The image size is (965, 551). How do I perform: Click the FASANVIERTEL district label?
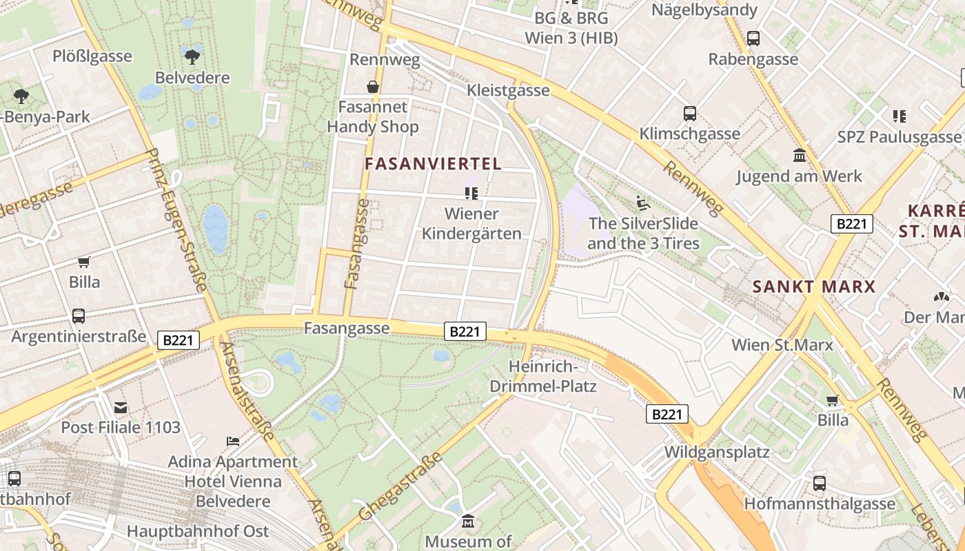[433, 164]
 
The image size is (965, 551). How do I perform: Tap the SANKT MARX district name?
[813, 287]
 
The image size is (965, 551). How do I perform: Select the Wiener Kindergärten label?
[471, 223]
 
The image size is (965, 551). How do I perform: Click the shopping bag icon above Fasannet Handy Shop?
[372, 87]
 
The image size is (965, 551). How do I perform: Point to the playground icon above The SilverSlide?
[642, 203]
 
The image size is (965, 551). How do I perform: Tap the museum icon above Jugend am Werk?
[800, 156]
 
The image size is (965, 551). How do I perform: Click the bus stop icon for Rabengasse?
[753, 39]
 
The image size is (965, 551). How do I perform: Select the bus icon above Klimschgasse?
[689, 114]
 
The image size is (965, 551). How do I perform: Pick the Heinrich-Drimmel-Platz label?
[542, 376]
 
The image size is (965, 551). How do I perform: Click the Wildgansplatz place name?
[717, 453]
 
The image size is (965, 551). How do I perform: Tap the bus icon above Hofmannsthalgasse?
[820, 483]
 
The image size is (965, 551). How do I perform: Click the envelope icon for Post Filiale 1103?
[121, 408]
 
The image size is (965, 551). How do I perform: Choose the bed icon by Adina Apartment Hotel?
[233, 441]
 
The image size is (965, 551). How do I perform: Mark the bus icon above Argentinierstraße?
[79, 316]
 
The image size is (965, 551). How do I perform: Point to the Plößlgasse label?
[92, 56]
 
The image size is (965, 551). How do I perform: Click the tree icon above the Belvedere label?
[192, 55]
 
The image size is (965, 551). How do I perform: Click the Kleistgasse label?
[508, 90]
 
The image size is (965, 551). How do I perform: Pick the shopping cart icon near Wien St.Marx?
[833, 400]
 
